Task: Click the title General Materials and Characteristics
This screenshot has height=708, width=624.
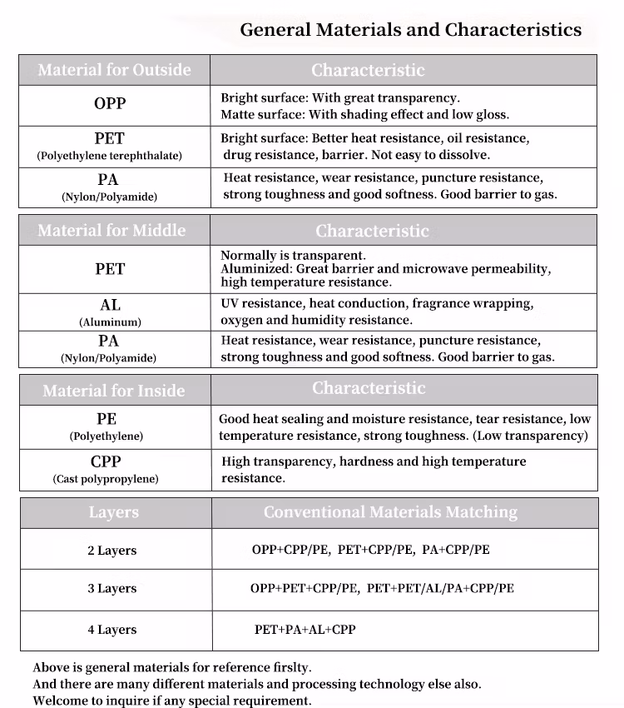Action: [x=410, y=30]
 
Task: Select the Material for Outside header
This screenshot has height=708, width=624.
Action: [x=114, y=70]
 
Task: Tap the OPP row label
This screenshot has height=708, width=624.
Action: [x=110, y=104]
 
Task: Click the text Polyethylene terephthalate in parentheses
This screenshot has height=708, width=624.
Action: [x=110, y=156]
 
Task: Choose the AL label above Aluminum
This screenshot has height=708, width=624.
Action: [x=110, y=306]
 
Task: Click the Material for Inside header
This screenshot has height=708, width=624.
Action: [x=114, y=391]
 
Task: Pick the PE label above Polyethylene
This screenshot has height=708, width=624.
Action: [x=106, y=419]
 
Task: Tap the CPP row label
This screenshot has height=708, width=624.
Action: [x=106, y=462]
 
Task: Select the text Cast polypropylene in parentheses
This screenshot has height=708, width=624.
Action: [x=106, y=479]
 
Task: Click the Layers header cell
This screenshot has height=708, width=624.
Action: [x=113, y=512]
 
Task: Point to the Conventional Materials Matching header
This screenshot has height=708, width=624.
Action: [x=390, y=512]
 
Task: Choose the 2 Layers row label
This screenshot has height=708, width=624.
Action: [x=112, y=551]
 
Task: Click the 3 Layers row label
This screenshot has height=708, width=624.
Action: [x=112, y=589]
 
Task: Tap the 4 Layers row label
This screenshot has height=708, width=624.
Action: [x=112, y=630]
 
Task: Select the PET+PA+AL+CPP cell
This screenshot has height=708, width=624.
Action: [x=305, y=630]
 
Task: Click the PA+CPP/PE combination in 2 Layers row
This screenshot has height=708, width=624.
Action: [x=456, y=550]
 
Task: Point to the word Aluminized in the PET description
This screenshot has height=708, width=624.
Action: [x=252, y=269]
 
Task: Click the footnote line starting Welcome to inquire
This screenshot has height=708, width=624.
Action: [x=172, y=701]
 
